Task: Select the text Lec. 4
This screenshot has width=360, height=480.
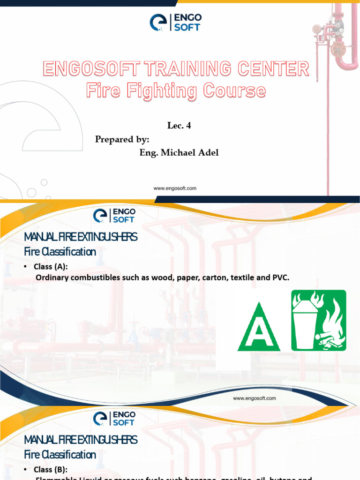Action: pyautogui.click(x=179, y=126)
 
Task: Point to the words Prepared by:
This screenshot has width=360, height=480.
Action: pyautogui.click(x=122, y=139)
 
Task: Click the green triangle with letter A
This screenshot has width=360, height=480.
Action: pyautogui.click(x=259, y=328)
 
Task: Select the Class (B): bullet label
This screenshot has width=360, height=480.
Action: pyautogui.click(x=51, y=469)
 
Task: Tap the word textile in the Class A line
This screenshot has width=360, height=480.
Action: pyautogui.click(x=240, y=277)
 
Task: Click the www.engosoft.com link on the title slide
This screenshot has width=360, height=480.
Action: pyautogui.click(x=175, y=188)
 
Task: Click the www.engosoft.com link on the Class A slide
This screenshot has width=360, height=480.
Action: pyautogui.click(x=255, y=398)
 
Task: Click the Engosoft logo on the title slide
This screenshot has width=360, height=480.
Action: pyautogui.click(x=174, y=22)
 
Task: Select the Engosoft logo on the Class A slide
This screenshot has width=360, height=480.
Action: pyautogui.click(x=114, y=215)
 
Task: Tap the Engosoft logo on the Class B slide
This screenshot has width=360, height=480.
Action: pyautogui.click(x=114, y=418)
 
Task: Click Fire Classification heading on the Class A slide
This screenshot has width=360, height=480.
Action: pyautogui.click(x=60, y=252)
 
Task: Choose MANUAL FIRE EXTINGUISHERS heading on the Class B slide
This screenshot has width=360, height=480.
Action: pyautogui.click(x=81, y=440)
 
